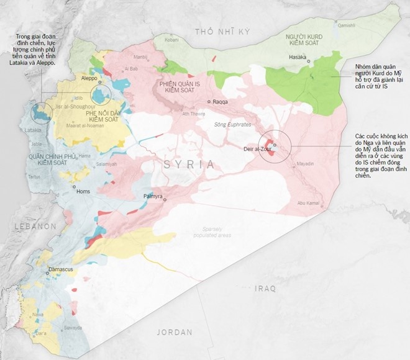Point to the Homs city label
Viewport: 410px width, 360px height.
(83, 191)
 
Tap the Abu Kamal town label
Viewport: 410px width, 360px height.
(309, 203)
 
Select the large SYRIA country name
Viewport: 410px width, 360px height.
(190, 164)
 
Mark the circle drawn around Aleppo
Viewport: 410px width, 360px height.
(100, 95)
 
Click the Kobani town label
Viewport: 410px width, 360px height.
(171, 38)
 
